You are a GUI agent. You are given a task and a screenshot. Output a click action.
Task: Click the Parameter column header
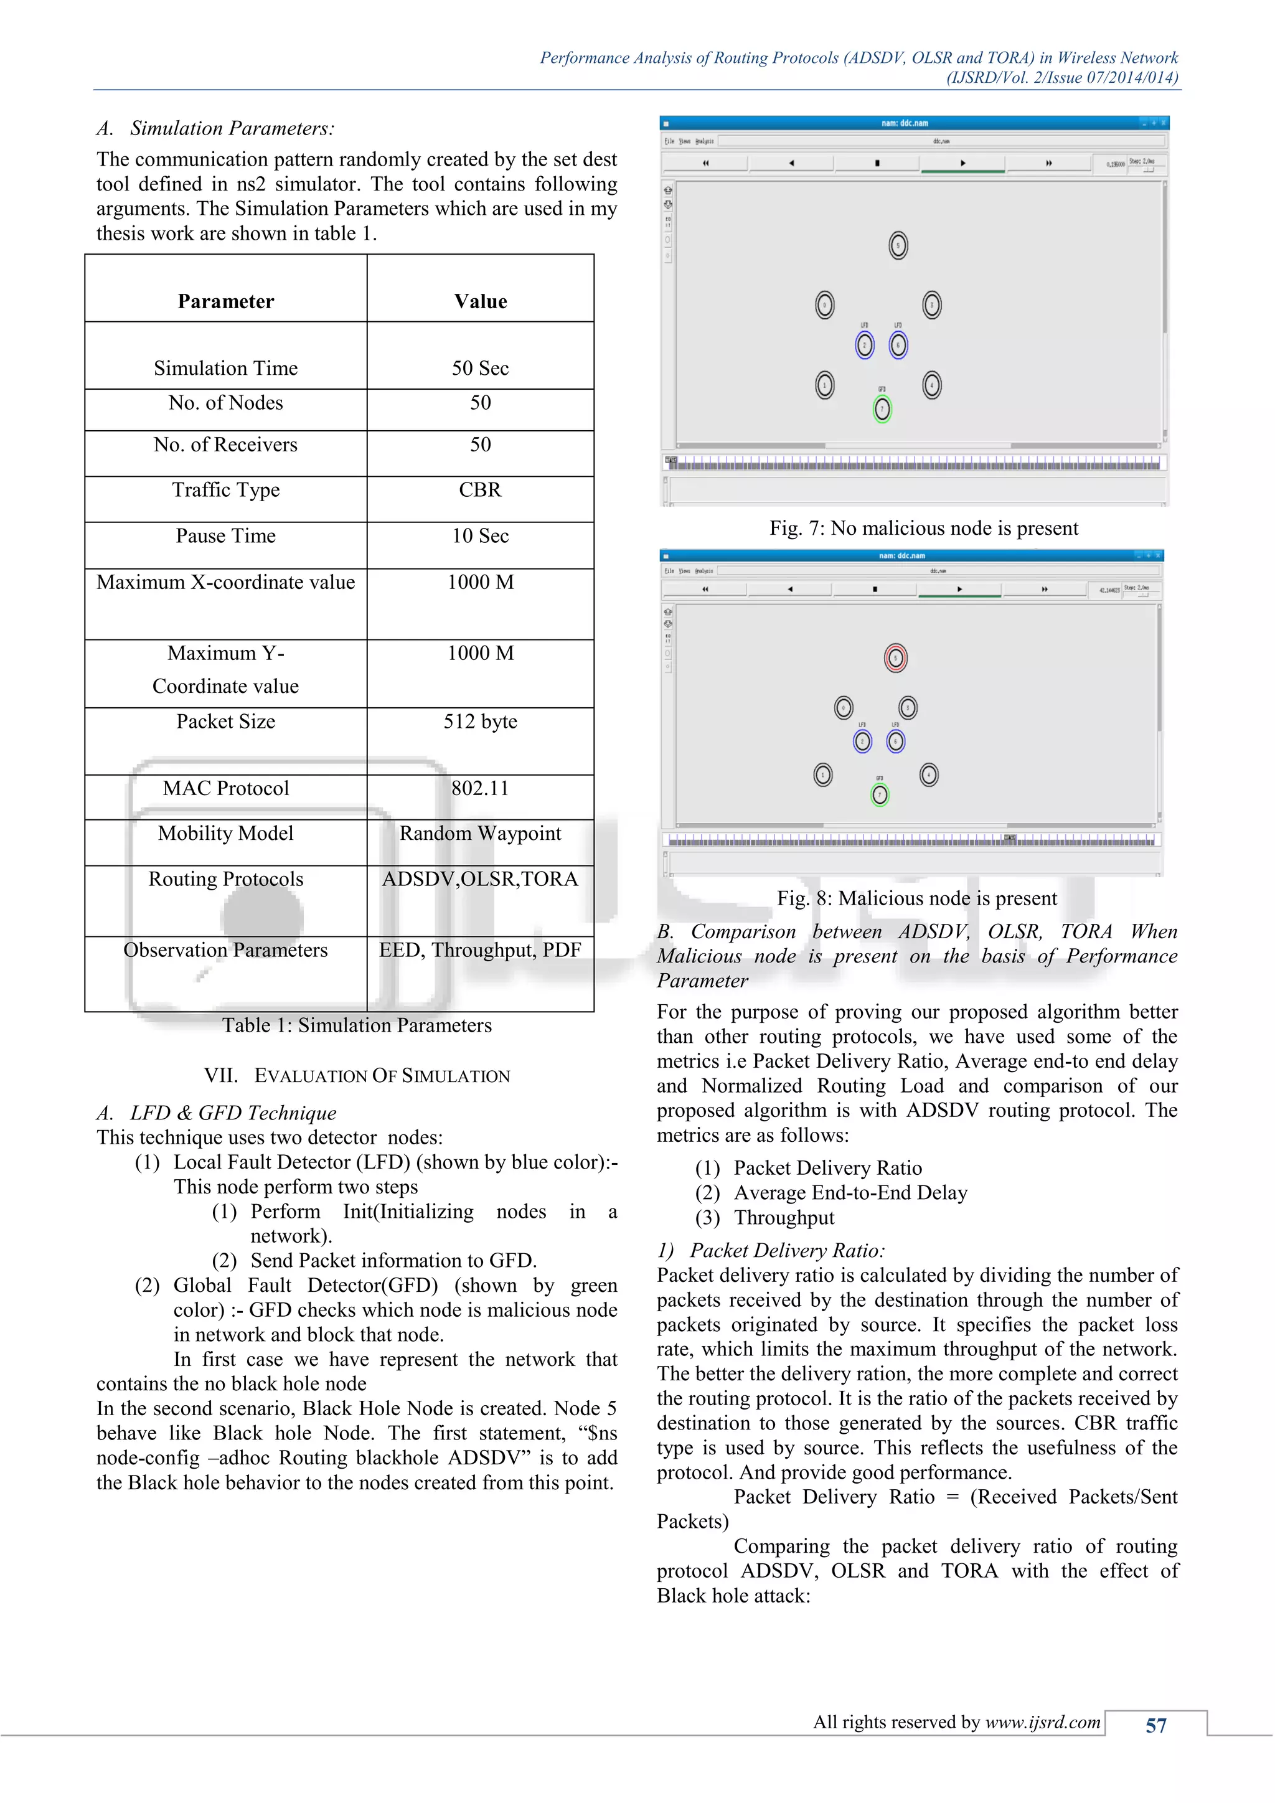point(225,301)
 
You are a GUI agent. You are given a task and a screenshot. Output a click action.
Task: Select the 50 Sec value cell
point(480,369)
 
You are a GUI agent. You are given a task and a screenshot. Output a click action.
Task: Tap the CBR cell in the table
point(480,490)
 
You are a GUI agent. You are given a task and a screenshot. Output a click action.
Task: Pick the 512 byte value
point(480,722)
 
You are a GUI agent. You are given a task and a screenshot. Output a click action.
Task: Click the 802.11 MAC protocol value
point(480,788)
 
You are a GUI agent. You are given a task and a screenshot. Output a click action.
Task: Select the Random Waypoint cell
point(480,833)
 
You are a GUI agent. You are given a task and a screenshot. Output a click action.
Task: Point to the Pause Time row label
point(225,536)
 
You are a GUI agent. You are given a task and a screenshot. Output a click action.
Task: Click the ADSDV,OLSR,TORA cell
point(480,878)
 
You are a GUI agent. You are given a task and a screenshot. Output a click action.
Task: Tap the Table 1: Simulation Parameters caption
point(357,1025)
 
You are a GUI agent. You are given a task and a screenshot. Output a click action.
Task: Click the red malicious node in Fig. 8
point(895,658)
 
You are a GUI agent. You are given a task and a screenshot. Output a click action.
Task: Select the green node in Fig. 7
point(882,409)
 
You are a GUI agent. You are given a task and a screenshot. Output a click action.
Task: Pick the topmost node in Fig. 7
point(898,245)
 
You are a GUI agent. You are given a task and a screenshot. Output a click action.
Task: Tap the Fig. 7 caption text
point(923,529)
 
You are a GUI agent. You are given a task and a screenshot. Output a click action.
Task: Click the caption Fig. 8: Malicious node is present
point(917,898)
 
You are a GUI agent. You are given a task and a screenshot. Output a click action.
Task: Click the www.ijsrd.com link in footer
point(1043,1722)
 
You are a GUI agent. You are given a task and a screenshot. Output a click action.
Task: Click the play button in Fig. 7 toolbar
point(962,163)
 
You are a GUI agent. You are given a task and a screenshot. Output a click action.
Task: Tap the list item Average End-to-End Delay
point(850,1193)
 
